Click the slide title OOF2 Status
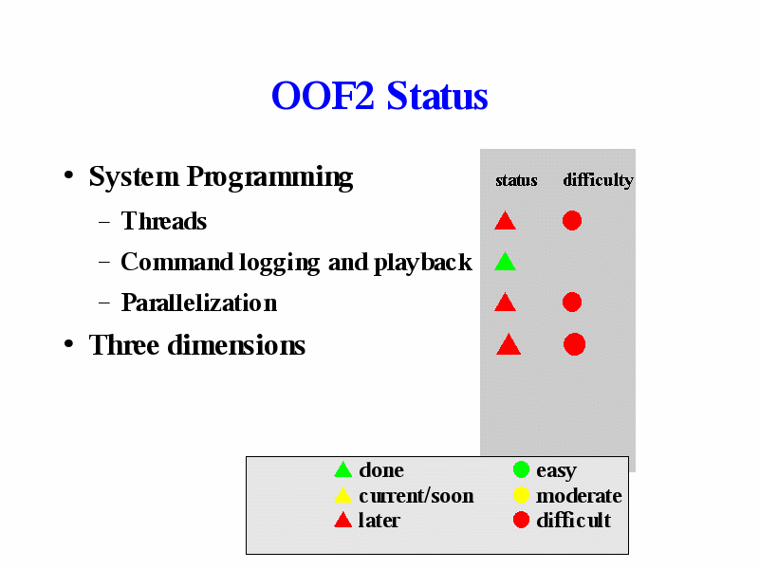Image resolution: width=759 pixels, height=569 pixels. click(379, 96)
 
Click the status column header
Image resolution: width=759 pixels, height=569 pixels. click(516, 180)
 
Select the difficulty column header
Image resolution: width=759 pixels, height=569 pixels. click(599, 180)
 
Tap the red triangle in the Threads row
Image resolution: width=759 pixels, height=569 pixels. click(505, 220)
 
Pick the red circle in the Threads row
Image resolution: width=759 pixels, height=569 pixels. click(572, 221)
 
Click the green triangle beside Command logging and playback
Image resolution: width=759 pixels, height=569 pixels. click(505, 262)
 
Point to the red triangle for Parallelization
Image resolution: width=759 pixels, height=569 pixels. click(505, 302)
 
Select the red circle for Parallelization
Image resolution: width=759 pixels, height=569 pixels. click(572, 302)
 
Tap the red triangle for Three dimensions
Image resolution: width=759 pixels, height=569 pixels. click(509, 344)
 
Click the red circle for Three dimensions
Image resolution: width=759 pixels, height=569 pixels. click(575, 344)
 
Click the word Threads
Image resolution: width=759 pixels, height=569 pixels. click(163, 221)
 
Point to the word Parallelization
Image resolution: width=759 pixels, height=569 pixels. click(199, 303)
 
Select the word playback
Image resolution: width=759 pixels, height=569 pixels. click(422, 264)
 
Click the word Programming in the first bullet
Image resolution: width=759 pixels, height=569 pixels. click(269, 177)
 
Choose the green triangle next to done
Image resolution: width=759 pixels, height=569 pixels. click(342, 469)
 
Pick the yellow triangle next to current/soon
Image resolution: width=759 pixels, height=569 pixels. click(342, 495)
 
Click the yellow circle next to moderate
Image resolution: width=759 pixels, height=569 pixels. click(521, 495)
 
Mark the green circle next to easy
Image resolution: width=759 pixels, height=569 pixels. click(521, 469)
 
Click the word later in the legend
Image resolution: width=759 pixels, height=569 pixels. click(379, 521)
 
